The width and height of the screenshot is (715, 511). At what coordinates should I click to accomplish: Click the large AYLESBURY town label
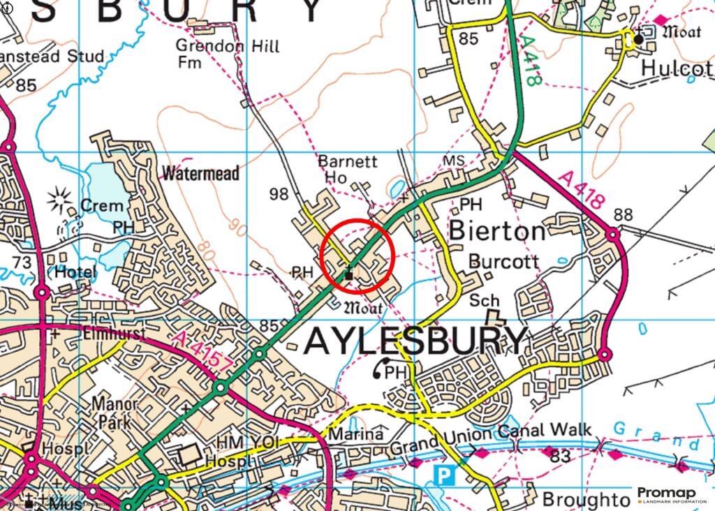(415, 341)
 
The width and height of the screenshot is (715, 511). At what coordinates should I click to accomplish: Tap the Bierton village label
(497, 230)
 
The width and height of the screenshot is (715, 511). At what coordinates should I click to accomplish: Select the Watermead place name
(200, 172)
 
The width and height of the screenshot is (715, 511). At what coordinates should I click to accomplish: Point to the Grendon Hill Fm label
(227, 54)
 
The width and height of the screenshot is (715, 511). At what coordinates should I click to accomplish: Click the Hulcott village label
(677, 68)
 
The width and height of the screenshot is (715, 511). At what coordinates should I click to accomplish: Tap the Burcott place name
(503, 262)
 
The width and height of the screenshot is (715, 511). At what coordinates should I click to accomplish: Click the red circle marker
(358, 255)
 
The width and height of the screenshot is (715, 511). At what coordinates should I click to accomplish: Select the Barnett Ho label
(347, 170)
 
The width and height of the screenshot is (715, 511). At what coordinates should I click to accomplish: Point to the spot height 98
(279, 194)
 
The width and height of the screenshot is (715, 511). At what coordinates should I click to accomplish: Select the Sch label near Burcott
(485, 300)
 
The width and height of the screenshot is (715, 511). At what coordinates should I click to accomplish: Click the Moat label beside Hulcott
(680, 31)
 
